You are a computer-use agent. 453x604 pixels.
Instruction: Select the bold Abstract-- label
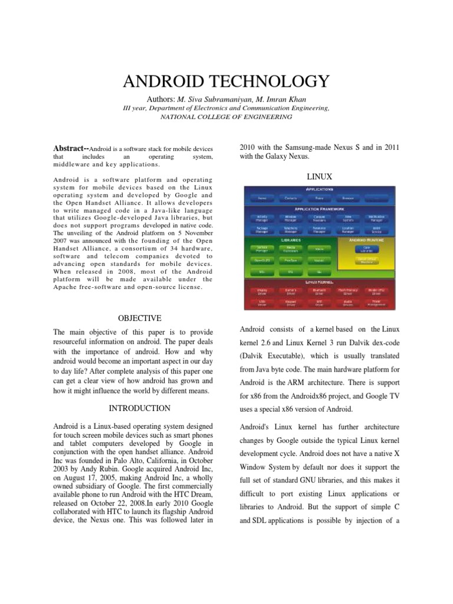point(70,149)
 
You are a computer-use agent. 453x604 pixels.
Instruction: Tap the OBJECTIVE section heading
point(139,318)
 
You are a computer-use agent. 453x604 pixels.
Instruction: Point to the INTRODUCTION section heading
point(140,408)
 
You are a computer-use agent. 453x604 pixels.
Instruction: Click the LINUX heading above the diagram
point(320,176)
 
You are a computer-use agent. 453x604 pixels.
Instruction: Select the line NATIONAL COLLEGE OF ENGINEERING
point(226,117)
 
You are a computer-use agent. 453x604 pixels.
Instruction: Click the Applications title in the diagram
point(319,189)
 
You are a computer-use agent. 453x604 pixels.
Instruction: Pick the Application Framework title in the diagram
point(319,208)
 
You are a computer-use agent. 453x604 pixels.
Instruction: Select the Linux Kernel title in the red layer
point(319,283)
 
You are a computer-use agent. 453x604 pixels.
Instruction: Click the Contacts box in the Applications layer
point(291,199)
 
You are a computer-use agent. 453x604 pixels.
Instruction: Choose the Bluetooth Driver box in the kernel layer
point(319,291)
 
